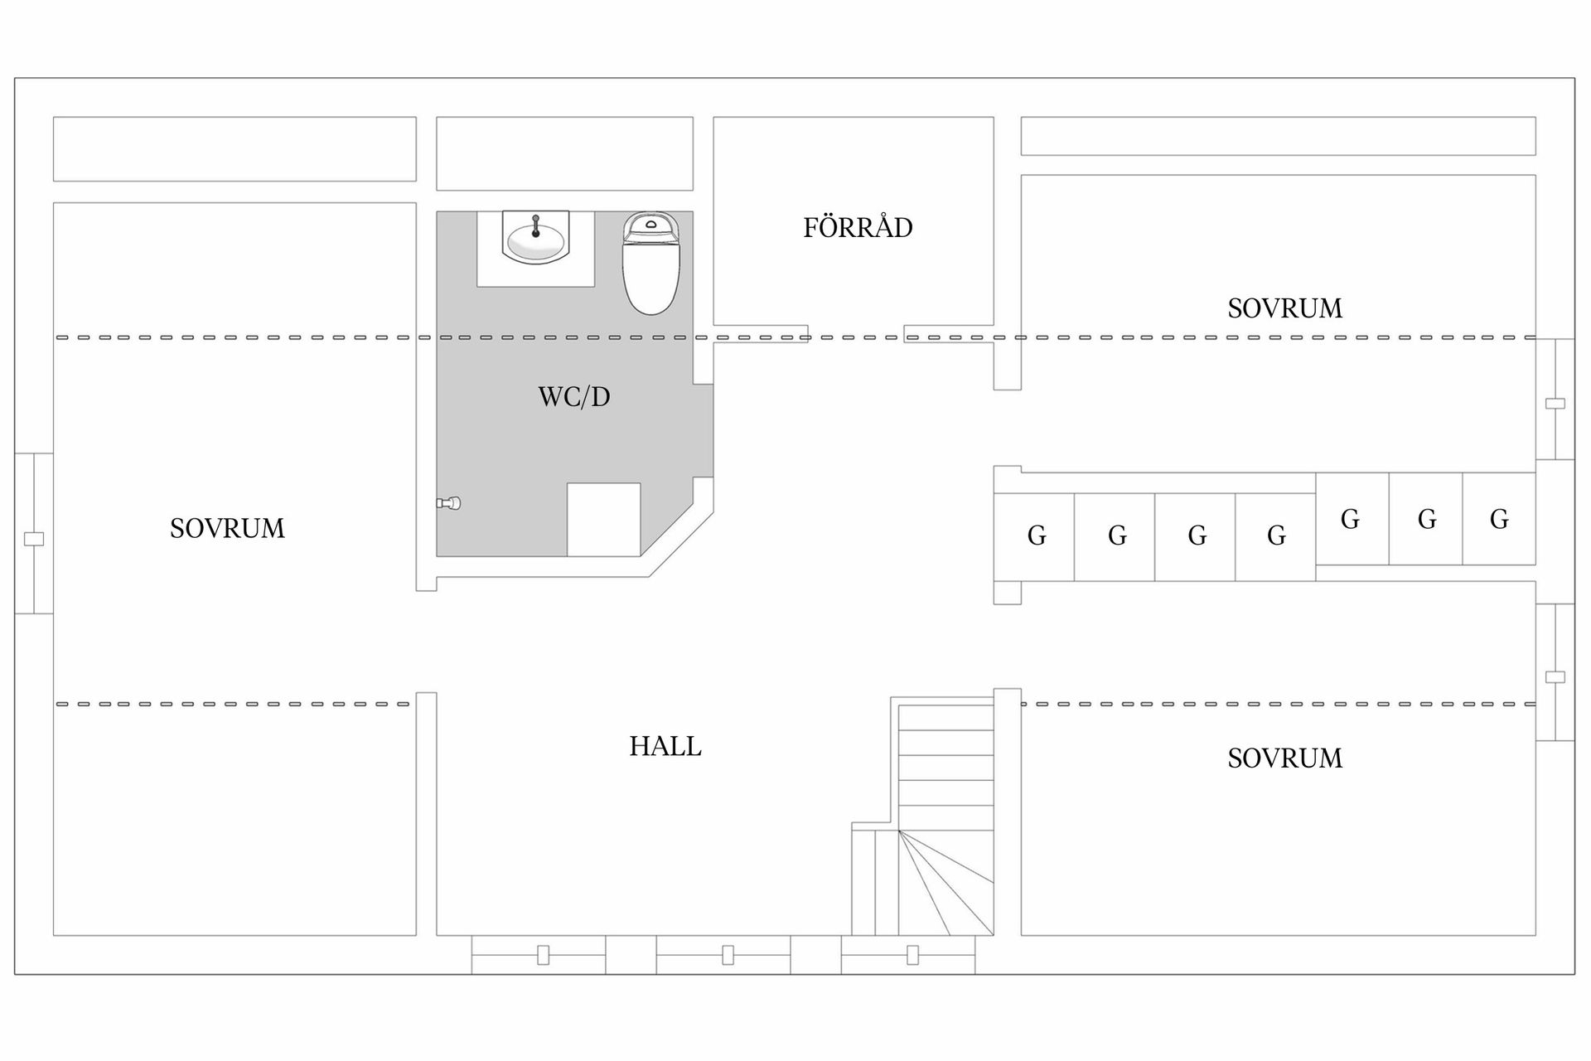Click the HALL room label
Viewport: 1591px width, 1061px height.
[665, 747]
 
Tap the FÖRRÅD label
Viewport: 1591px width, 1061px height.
[858, 227]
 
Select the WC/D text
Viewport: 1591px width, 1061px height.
[574, 397]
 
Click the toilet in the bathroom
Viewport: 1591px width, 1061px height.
[651, 263]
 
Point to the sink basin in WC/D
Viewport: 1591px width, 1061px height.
[535, 237]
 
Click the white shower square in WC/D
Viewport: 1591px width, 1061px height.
[603, 520]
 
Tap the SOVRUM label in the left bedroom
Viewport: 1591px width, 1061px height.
[227, 529]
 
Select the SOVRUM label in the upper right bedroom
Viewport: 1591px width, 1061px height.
[1284, 309]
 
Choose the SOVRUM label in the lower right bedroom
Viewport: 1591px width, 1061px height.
[1284, 758]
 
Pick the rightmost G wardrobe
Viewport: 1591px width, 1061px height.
[1499, 519]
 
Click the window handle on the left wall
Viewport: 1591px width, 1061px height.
[34, 539]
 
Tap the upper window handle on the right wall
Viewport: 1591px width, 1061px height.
[1555, 404]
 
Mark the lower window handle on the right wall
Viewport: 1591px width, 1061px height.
[1555, 677]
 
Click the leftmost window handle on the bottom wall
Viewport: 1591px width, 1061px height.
[543, 955]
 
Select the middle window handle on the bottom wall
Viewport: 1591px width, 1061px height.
[728, 955]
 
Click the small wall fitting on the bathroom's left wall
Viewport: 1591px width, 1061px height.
[448, 503]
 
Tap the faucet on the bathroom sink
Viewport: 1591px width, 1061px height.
[535, 225]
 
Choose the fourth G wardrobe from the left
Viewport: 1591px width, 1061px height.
[1275, 537]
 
